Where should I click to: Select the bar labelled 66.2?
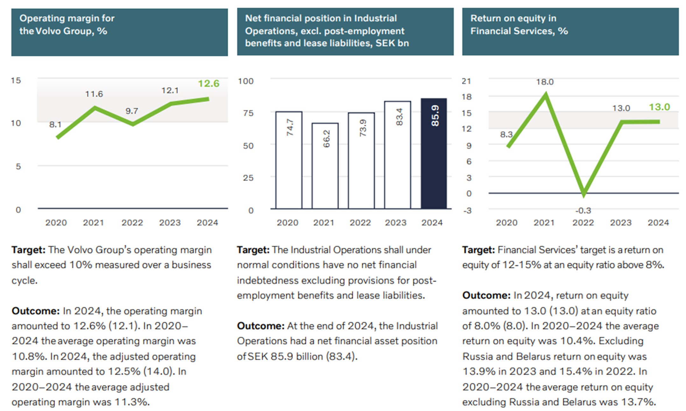pos(325,166)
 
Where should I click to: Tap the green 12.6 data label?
pos(209,83)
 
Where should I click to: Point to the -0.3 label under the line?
pos(583,211)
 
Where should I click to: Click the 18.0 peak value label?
pos(545,82)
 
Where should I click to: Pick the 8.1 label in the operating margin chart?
pos(55,125)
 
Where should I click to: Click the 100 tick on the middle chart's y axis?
pos(246,81)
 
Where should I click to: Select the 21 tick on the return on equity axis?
pos(466,81)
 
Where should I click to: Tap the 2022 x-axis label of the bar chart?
pos(360,222)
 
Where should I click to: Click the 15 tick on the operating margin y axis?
pos(16,80)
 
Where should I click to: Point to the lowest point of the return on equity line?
pos(583,194)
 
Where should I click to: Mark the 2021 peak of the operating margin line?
pos(95,108)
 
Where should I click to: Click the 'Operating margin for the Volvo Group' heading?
pos(67,25)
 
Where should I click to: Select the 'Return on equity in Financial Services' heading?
pos(519,25)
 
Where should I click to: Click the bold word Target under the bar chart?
pos(253,250)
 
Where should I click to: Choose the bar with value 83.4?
pos(397,155)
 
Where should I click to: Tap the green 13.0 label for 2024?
pos(659,107)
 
